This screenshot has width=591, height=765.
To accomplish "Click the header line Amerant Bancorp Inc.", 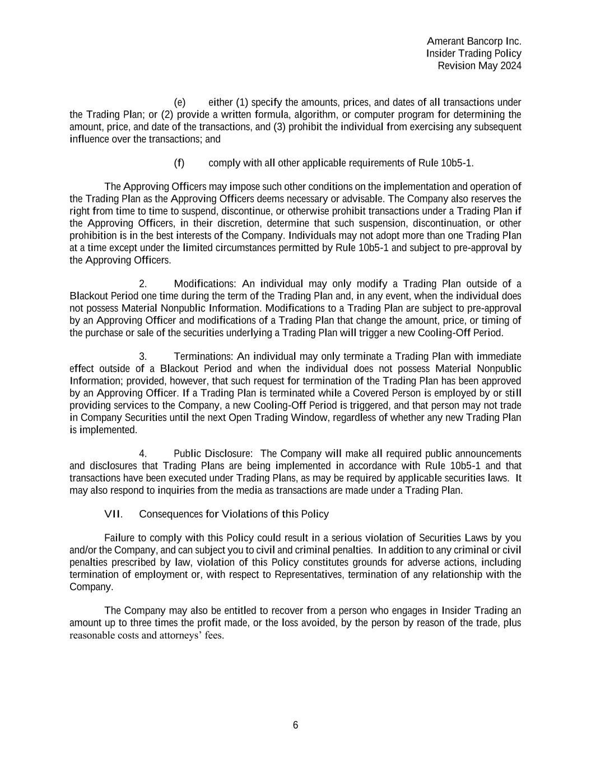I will pyautogui.click(x=474, y=41).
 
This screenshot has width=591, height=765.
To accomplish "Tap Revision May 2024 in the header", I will pyautogui.click(x=479, y=66).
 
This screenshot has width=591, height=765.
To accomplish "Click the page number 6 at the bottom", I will pyautogui.click(x=295, y=725).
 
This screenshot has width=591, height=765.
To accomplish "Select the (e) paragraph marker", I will pyautogui.click(x=180, y=103).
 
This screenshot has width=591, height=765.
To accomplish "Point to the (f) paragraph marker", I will pyautogui.click(x=179, y=163).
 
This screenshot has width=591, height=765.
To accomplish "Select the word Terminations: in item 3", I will pyautogui.click(x=203, y=357).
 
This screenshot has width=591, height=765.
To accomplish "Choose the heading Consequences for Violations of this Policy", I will pyautogui.click(x=234, y=514).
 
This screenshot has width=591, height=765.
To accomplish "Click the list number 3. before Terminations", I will pyautogui.click(x=143, y=357).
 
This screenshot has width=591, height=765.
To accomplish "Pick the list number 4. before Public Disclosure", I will pyautogui.click(x=143, y=453).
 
